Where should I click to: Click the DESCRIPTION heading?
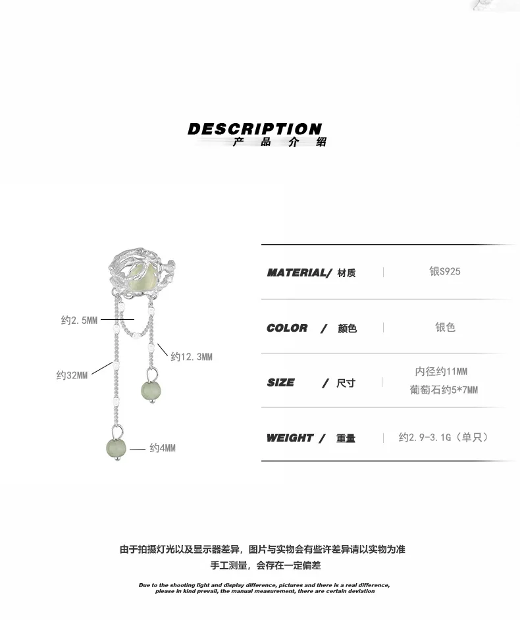255,129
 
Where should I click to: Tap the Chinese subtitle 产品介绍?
278,142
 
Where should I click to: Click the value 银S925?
445,271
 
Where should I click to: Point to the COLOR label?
287,328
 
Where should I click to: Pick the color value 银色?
445,327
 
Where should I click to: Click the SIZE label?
280,382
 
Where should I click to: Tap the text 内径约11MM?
440,372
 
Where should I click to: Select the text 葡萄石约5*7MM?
444,390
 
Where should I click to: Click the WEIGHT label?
290,438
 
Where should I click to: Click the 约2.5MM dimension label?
79,321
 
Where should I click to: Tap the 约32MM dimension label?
72,376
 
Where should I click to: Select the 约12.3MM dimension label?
192,357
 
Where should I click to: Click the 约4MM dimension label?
162,448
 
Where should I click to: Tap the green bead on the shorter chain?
150,391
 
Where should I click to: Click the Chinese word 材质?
346,273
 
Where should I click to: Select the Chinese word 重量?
346,438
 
